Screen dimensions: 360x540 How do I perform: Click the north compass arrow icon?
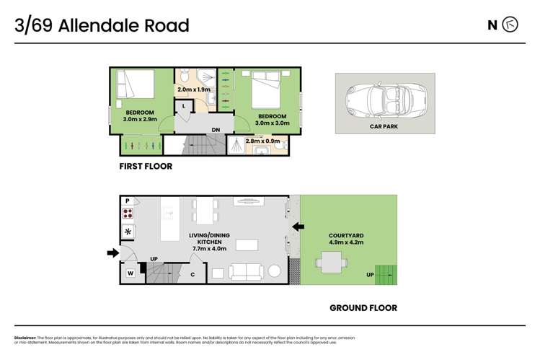pyautogui.click(x=510, y=25)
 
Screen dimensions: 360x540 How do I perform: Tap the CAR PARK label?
pyautogui.click(x=384, y=126)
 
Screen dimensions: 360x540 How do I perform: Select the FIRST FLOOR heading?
pyautogui.click(x=146, y=166)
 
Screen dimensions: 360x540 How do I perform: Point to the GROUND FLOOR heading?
pyautogui.click(x=363, y=308)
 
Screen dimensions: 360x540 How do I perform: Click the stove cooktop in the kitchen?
pyautogui.click(x=128, y=214)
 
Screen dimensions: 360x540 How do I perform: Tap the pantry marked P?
pyautogui.click(x=128, y=201)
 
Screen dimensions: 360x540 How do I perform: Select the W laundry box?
pyautogui.click(x=131, y=273)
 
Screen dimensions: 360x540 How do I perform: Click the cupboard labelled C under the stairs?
pyautogui.click(x=192, y=274)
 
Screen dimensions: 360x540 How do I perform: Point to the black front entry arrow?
pyautogui.click(x=112, y=253)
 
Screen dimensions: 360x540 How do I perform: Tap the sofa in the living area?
pyautogui.click(x=245, y=272)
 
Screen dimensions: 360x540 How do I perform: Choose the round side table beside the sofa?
pyautogui.click(x=275, y=272)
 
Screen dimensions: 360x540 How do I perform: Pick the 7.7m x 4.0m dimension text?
pyautogui.click(x=209, y=249)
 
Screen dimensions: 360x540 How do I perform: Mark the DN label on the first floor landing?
pyautogui.click(x=216, y=130)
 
